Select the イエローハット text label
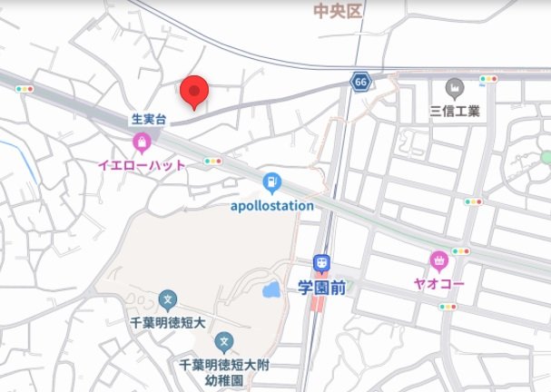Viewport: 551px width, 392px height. [142, 165]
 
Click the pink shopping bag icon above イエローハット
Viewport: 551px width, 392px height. [142, 142]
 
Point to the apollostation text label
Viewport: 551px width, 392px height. [271, 205]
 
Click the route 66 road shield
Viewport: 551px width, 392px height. [361, 83]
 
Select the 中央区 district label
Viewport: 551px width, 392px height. [337, 11]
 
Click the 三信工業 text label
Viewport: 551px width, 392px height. [455, 113]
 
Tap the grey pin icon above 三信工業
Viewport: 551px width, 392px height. [455, 89]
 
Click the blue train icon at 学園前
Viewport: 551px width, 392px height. [321, 264]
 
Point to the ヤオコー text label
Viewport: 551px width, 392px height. [441, 283]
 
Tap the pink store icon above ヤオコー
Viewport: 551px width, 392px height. [441, 261]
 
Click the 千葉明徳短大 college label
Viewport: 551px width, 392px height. [167, 320]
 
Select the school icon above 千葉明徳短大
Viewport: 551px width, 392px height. [167, 299]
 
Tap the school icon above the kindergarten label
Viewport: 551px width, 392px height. [225, 342]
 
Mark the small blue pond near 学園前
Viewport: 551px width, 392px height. [271, 291]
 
